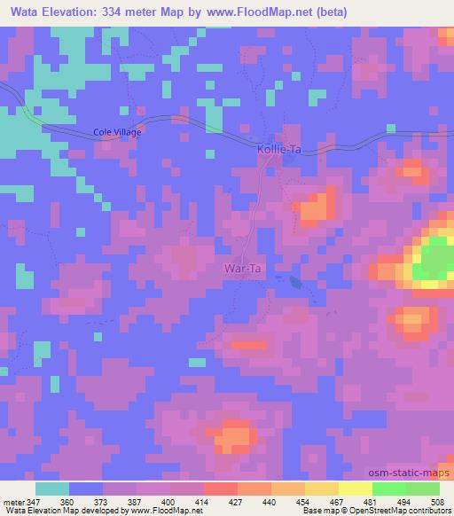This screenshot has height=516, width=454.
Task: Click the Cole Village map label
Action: tap(118, 132)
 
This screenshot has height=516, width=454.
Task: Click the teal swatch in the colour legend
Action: tap(52, 489)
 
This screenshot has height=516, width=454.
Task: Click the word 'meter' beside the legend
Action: tap(12, 501)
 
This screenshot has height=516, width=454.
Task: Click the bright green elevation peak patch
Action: tap(435, 259)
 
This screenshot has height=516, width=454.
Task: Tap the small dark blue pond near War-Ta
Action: tap(293, 282)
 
